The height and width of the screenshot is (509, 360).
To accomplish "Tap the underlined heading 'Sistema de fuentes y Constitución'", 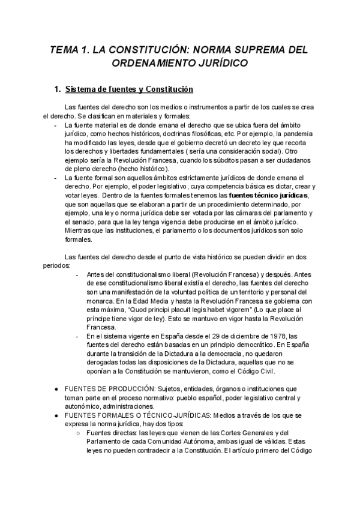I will click(128, 89).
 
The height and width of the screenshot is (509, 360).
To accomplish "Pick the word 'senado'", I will click(77, 222).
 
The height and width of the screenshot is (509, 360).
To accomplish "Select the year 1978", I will click(266, 336).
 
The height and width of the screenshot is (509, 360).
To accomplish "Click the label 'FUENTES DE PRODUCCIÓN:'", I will click(106, 388).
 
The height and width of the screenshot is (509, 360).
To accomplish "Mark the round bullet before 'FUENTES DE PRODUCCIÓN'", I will click(56, 389).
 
